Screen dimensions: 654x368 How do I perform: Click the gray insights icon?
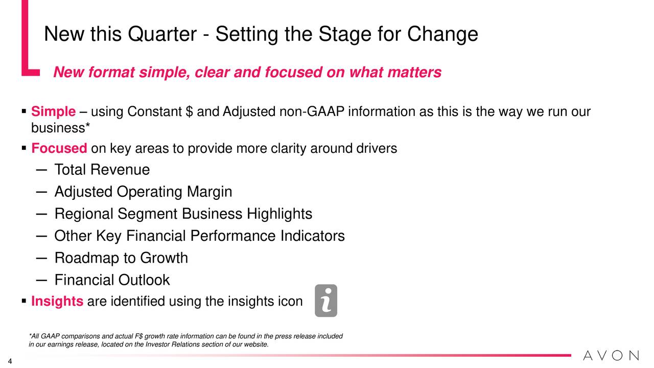pos(326,301)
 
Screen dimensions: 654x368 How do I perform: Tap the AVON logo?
pos(611,355)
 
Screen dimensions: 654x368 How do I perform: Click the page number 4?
pos(10,361)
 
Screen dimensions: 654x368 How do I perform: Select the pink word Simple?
pos(54,111)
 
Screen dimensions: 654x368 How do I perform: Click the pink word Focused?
pos(59,148)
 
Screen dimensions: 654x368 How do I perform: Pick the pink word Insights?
pos(57,301)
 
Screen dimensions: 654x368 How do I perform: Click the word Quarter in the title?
pos(162,34)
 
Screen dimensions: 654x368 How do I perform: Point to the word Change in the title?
pos(442,35)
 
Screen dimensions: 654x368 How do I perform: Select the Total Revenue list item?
pos(102,169)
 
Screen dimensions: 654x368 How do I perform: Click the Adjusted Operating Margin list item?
pos(144,192)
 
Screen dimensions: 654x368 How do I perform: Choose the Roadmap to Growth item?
pos(121,258)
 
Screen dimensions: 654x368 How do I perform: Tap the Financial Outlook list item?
pos(112,280)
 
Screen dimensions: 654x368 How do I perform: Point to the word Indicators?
pos(313,236)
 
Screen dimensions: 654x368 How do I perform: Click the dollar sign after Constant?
pos(189,111)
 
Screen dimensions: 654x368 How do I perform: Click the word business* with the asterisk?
pos(61,128)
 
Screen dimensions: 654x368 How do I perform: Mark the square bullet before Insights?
pos(24,301)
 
